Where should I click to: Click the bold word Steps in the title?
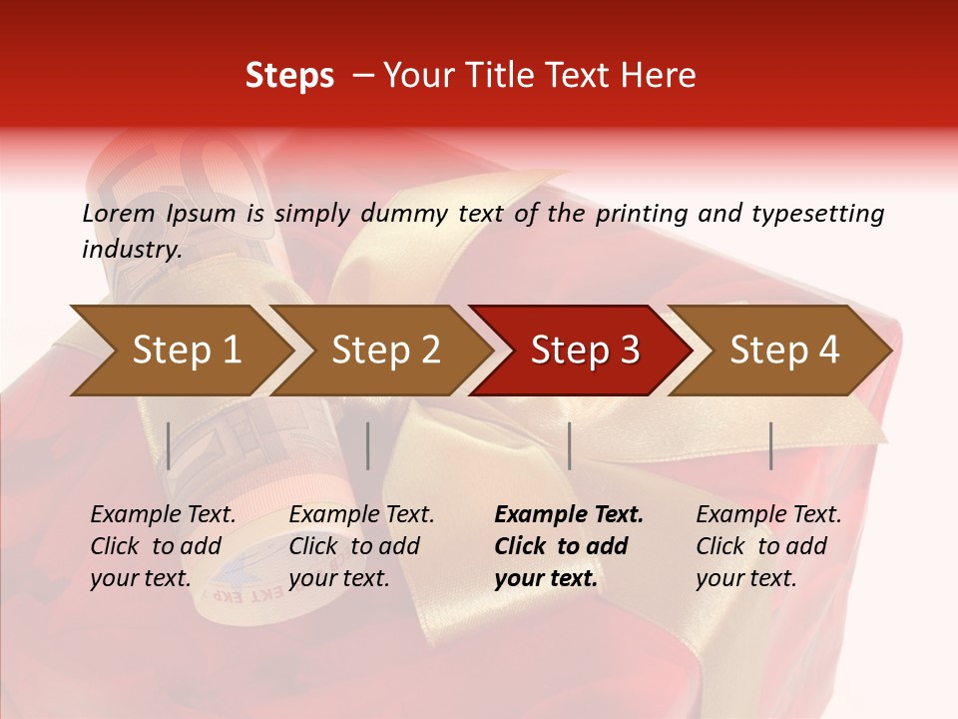289,76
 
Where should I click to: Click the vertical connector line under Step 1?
169,445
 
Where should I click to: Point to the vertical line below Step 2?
368,445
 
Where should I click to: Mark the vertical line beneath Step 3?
569,445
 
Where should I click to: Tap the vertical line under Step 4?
771,445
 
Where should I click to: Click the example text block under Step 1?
163,546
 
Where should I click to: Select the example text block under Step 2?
361,546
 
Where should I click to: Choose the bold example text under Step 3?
569,546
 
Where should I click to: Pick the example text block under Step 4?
768,546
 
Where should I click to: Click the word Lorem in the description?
119,214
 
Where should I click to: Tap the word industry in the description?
132,250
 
